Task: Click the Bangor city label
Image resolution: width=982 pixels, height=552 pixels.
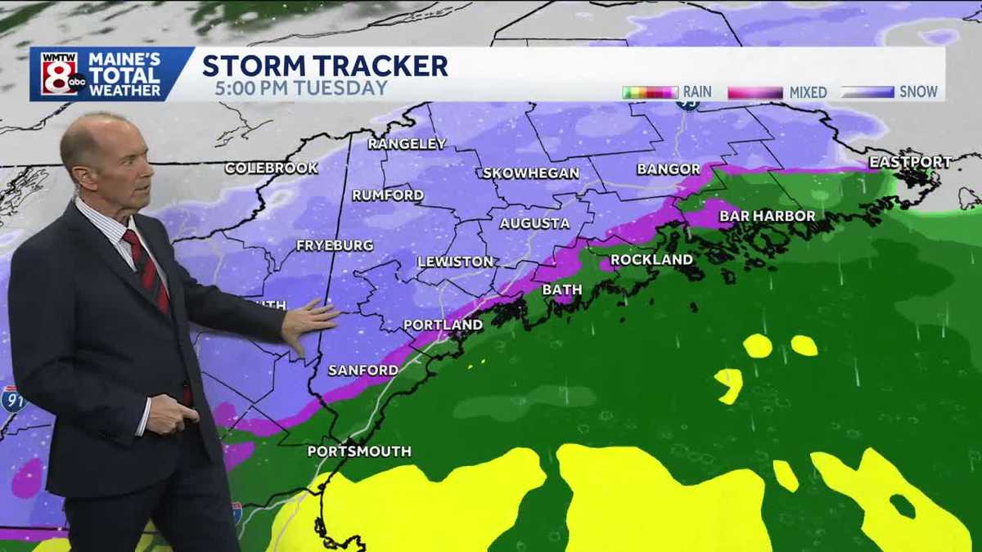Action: [669, 169]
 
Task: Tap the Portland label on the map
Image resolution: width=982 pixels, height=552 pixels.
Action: [443, 325]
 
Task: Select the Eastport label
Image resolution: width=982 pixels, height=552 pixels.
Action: [910, 162]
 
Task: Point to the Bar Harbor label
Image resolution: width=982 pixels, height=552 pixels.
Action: [767, 216]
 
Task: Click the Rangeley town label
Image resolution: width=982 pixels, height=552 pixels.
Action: [407, 144]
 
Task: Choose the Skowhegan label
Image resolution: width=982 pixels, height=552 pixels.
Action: [530, 173]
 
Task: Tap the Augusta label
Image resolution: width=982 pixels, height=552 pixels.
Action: [534, 222]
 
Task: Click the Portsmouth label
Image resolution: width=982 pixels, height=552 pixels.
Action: [359, 451]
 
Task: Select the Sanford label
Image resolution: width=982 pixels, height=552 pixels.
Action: [363, 370]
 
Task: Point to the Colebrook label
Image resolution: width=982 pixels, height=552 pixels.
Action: [271, 168]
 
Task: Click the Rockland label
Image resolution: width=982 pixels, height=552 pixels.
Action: [651, 259]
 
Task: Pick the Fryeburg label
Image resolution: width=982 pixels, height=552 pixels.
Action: [335, 245]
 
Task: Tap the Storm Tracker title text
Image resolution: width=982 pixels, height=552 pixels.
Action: [325, 65]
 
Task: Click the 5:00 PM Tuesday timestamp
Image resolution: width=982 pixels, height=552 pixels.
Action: [301, 88]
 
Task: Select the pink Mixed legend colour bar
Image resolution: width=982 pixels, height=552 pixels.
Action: [755, 92]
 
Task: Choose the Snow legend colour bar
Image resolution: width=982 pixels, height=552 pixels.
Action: [867, 92]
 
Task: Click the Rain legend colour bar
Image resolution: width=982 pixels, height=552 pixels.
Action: [650, 92]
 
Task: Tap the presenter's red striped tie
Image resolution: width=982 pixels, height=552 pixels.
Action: [146, 270]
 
